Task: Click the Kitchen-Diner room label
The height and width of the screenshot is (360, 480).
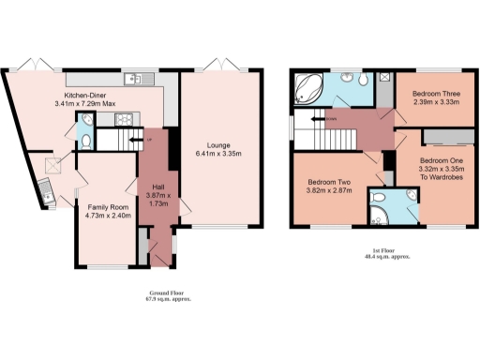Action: pos(90,95)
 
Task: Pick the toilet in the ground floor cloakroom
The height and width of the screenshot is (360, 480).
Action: pos(85,142)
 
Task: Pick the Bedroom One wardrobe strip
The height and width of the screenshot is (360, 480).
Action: pos(442,137)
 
